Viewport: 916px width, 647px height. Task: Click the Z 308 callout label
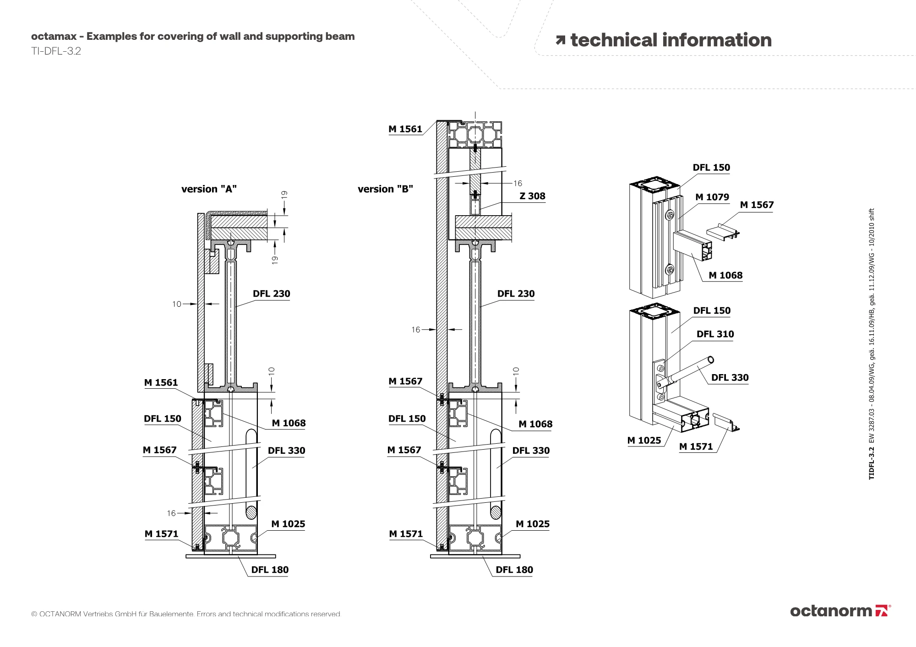532,196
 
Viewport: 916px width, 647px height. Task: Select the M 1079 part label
712,197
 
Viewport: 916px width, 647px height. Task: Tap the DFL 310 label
715,334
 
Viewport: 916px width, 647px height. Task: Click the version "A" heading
209,189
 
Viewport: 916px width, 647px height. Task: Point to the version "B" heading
385,189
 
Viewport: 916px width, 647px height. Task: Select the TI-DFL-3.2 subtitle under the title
56,51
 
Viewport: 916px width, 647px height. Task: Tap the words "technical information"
671,40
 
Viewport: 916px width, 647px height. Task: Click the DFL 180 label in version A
270,570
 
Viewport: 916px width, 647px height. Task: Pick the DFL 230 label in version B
516,294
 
